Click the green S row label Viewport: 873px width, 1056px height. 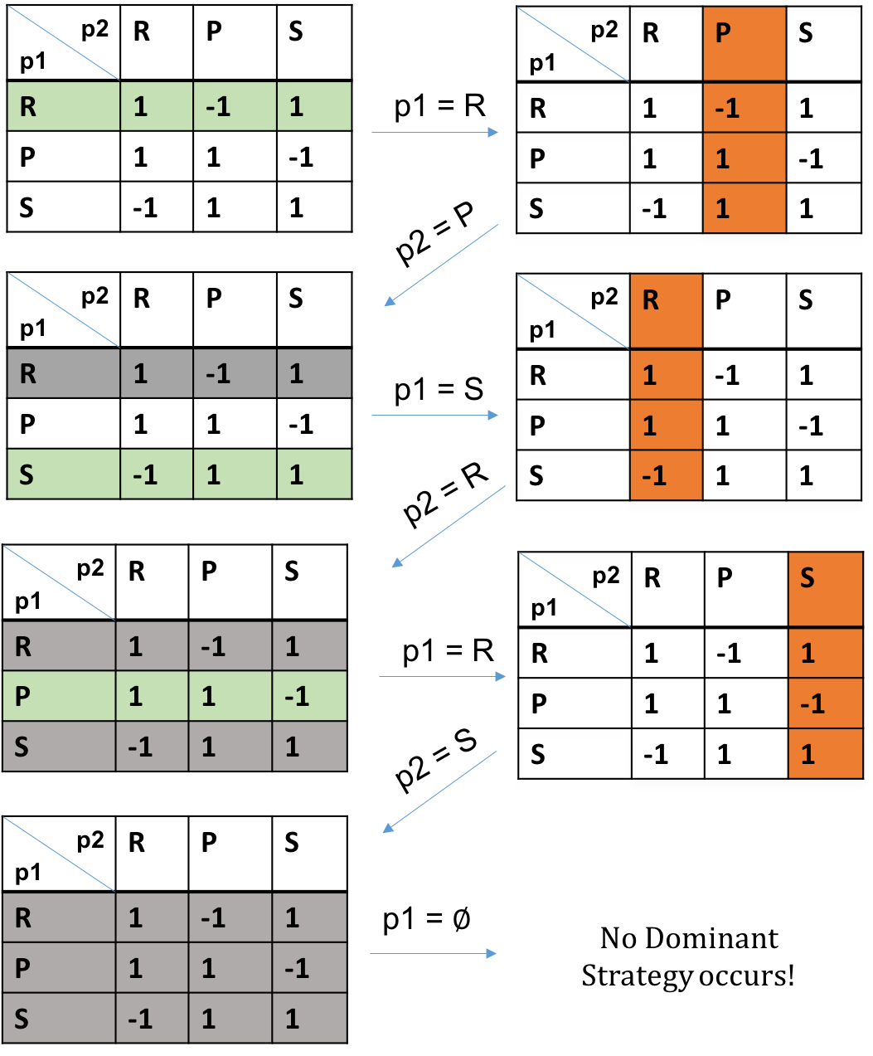coord(63,474)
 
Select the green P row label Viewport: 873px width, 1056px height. coord(58,696)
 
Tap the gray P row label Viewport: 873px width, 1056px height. coord(58,968)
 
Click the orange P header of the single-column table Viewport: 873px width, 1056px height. coord(744,43)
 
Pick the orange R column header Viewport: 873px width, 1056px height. coord(666,310)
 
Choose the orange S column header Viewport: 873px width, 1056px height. coord(825,588)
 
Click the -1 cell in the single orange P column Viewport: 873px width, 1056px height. coord(744,108)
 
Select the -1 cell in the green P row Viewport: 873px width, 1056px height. coord(308,696)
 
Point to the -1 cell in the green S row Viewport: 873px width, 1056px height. coord(156,474)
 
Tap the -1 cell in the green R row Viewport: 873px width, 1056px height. coord(234,106)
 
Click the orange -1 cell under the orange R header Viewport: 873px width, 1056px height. coord(666,475)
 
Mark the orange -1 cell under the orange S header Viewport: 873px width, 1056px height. coord(825,703)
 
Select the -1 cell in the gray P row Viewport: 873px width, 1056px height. coord(308,968)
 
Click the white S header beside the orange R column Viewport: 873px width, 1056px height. coord(822,310)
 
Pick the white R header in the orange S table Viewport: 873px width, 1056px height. coord(667,588)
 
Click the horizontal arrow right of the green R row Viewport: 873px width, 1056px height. coord(434,132)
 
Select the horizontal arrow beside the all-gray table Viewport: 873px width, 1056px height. coord(432,954)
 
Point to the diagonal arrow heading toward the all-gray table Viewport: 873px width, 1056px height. coord(439,791)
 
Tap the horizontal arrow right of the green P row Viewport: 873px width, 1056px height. coord(442,677)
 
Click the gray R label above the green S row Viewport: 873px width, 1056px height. coord(63,373)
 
